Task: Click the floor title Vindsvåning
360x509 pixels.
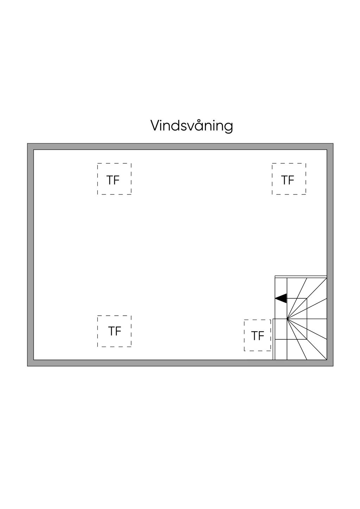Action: tap(192, 125)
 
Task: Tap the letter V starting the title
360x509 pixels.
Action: tap(155, 125)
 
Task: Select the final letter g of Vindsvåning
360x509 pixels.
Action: tap(229, 127)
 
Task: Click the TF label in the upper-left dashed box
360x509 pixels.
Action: tap(113, 180)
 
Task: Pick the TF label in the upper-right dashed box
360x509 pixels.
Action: tap(288, 180)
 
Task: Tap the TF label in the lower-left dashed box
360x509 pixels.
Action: tap(115, 331)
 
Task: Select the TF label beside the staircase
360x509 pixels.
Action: tap(257, 336)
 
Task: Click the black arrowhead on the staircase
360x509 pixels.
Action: tap(281, 298)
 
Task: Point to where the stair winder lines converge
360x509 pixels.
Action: tap(287, 319)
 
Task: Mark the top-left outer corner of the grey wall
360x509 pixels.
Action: tap(28, 144)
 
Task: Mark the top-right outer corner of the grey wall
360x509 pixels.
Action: tap(333, 144)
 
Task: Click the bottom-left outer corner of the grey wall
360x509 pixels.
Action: tap(28, 366)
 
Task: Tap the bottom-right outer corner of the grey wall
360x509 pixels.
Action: tap(333, 366)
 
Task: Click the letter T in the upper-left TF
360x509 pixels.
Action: tap(110, 180)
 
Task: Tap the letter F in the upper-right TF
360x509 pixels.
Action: tap(291, 180)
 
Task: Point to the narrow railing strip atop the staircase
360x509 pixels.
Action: tap(301, 277)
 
